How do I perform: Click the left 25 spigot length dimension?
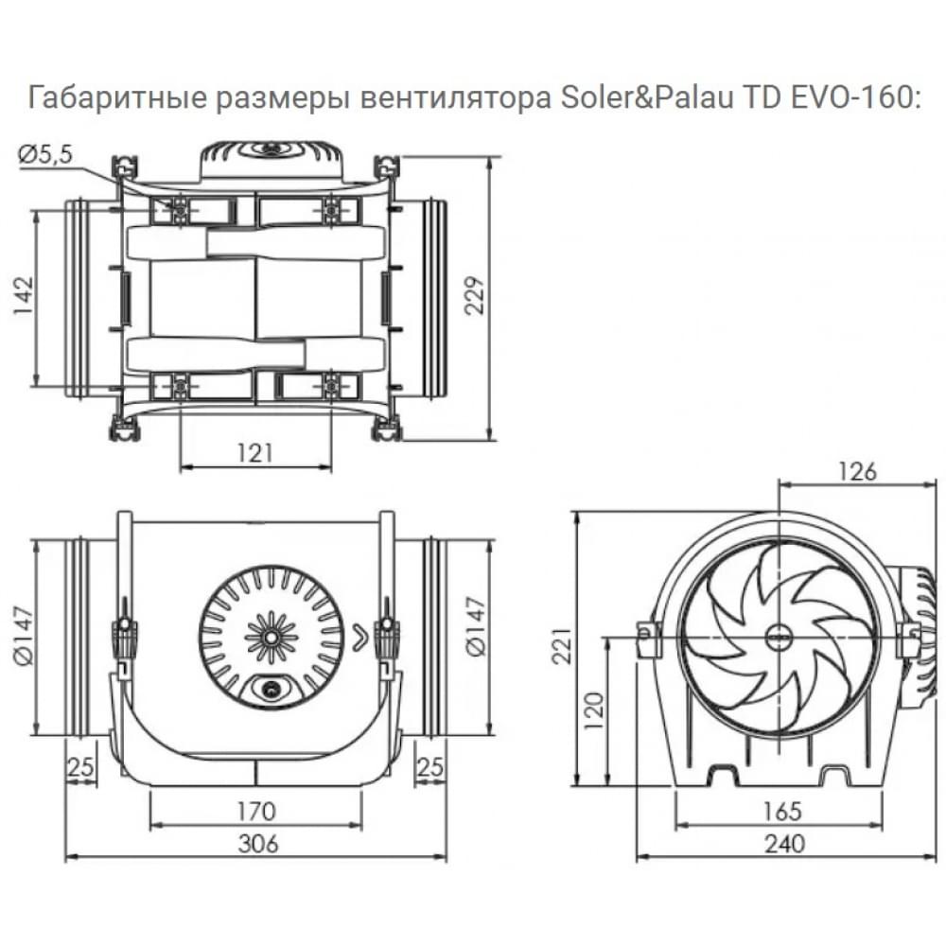point(81,767)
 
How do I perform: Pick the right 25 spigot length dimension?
point(430,767)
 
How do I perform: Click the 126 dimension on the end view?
point(857,470)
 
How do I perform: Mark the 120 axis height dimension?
point(593,710)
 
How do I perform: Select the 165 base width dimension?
point(780,811)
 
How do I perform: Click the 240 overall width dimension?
point(780,844)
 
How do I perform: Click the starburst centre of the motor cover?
point(272,635)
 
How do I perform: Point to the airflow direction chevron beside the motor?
point(359,636)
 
